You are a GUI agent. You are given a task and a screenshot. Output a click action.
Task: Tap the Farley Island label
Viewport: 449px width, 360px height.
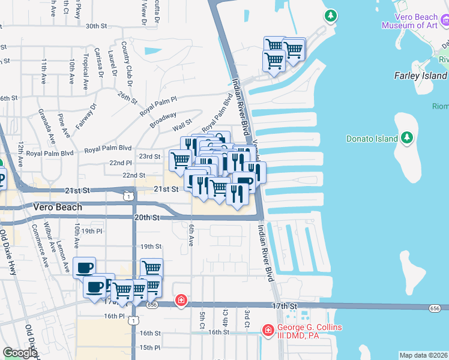point(420,76)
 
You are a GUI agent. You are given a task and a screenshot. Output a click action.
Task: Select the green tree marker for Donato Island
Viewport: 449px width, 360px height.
point(407,137)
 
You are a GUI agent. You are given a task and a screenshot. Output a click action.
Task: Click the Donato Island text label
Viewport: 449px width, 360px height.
point(372,139)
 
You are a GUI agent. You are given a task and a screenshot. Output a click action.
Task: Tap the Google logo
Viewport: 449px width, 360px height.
point(20,353)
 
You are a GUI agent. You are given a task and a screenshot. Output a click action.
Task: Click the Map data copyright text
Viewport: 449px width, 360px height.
point(423,355)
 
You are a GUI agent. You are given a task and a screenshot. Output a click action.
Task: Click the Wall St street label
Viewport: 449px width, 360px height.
point(181,126)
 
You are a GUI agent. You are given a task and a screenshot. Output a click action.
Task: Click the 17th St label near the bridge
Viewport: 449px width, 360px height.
point(285,306)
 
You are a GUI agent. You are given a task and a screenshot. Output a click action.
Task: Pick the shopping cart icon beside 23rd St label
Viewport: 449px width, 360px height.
point(179,160)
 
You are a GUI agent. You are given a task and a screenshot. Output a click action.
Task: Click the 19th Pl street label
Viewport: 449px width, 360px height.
point(92,231)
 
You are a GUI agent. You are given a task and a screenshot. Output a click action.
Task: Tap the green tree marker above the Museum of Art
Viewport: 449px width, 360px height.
point(330,16)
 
